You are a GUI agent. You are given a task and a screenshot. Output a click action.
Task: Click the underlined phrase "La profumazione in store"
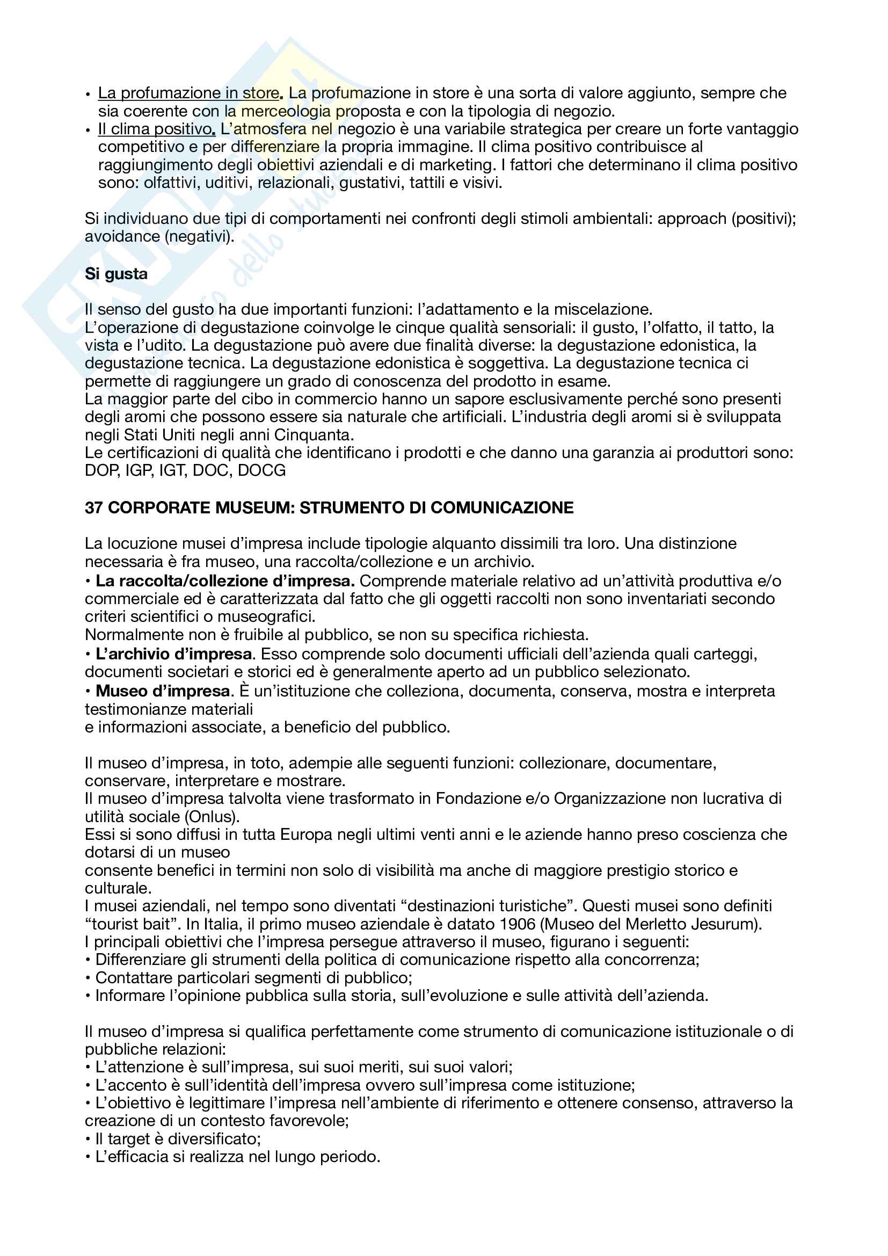click(188, 93)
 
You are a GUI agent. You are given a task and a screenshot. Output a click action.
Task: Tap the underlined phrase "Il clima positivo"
click(155, 129)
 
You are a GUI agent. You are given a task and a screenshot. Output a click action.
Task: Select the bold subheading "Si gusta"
click(116, 273)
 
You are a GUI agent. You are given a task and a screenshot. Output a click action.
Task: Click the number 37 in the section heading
click(93, 507)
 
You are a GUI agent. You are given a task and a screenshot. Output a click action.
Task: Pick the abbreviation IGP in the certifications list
click(139, 470)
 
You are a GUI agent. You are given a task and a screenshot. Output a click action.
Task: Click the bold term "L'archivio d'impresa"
click(174, 654)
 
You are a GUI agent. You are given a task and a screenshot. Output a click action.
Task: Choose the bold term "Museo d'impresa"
click(162, 691)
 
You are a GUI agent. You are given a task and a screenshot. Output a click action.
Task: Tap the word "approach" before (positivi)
click(692, 218)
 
